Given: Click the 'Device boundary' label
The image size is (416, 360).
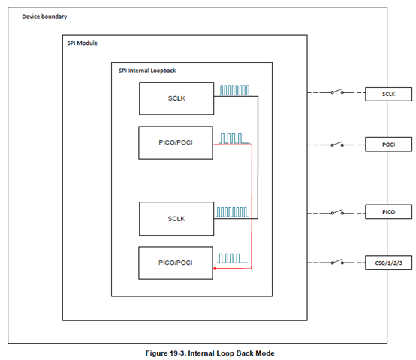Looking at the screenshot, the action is (x=44, y=16).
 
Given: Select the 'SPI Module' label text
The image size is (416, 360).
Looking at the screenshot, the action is (x=83, y=43).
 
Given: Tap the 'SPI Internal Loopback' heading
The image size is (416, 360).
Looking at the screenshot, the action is (x=147, y=70).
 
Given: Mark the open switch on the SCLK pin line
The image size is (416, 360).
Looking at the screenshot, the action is (x=337, y=91).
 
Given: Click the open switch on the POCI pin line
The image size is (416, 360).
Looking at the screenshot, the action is (x=337, y=144).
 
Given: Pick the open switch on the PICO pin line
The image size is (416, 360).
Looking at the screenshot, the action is (x=337, y=212).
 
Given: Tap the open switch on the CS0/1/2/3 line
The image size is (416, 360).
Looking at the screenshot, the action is (x=337, y=262).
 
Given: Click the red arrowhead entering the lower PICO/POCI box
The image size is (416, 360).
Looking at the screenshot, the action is (x=214, y=268).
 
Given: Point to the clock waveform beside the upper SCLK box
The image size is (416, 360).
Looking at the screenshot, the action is (x=234, y=90).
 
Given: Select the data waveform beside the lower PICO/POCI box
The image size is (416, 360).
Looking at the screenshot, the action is (x=233, y=258).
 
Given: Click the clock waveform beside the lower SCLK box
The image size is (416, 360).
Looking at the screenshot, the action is (x=232, y=212).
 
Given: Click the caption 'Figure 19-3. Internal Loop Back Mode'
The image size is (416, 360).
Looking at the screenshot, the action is (x=210, y=353).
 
